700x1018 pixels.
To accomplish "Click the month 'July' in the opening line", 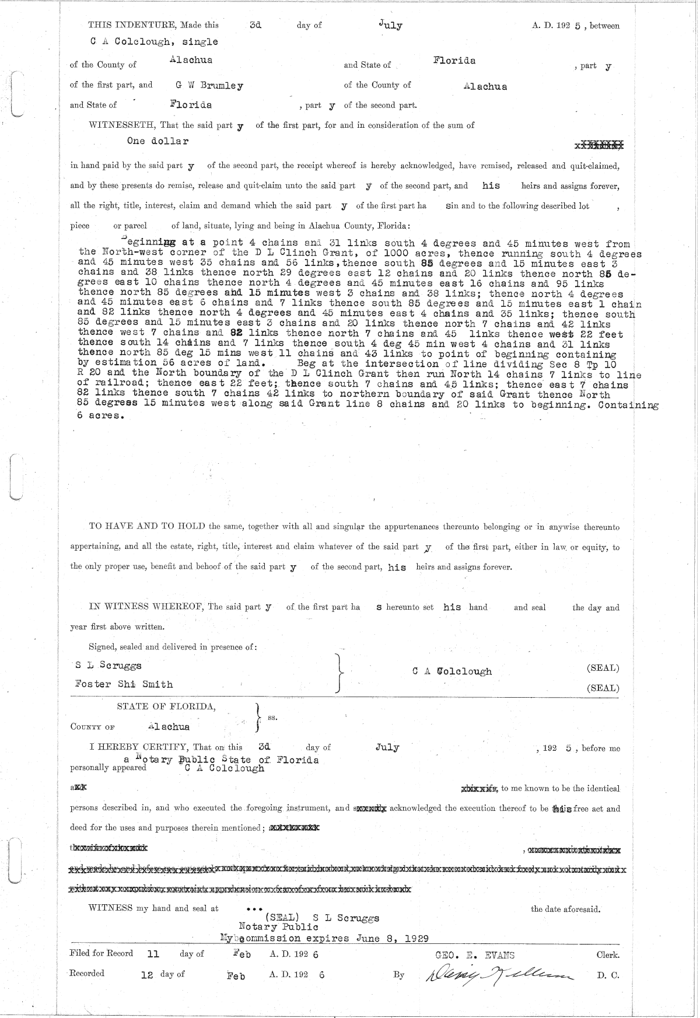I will [390, 25].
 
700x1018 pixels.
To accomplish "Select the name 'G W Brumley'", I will [209, 85].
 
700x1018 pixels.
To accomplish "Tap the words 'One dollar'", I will [157, 141].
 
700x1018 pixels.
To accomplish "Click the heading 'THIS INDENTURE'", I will [132, 25].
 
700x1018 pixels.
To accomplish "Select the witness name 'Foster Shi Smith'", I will [124, 684].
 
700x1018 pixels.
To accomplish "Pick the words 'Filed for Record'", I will [101, 953].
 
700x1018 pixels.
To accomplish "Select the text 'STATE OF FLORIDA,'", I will [166, 706].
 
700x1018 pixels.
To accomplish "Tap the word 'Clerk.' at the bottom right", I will [607, 955].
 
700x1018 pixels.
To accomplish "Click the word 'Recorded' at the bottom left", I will [87, 973].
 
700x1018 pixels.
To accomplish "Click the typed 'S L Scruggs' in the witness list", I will [108, 665].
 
